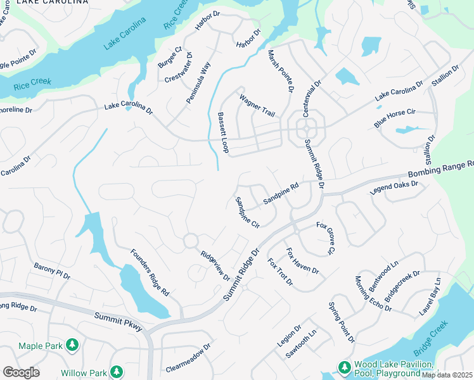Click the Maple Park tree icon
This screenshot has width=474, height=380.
pyautogui.click(x=73, y=345)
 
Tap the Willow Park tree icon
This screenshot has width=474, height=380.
pyautogui.click(x=116, y=372)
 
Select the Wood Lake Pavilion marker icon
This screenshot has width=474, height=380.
pyautogui.click(x=344, y=367)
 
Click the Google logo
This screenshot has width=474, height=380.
pyautogui.click(x=21, y=372)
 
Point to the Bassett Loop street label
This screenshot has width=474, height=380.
pyautogui.click(x=223, y=132)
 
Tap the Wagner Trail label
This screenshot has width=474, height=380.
pyautogui.click(x=257, y=106)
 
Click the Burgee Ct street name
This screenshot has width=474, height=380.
pyautogui.click(x=170, y=58)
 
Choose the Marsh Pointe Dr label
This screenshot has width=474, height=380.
pyautogui.click(x=280, y=72)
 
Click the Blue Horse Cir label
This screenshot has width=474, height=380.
pyautogui.click(x=394, y=118)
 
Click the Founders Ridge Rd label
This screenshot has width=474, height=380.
pyautogui.click(x=150, y=273)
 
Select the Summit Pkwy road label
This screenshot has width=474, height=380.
pyautogui.click(x=118, y=320)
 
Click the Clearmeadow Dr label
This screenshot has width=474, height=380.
pyautogui.click(x=188, y=358)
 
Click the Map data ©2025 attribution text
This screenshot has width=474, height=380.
pyautogui.click(x=447, y=375)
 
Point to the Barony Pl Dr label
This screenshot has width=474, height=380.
pyautogui.click(x=52, y=272)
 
